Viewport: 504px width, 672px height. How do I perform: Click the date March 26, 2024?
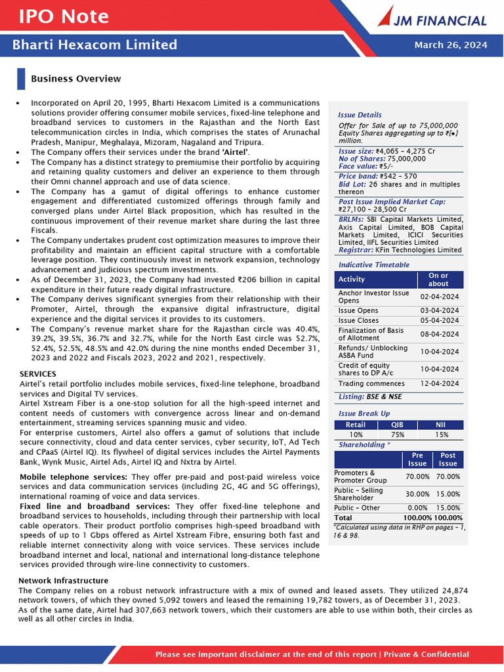[451, 45]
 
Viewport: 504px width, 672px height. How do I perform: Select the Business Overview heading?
[76, 79]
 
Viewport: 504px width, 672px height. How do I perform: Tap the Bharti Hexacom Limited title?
[95, 45]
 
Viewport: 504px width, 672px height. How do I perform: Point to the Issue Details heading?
[360, 115]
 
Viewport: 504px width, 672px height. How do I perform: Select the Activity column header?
[352, 280]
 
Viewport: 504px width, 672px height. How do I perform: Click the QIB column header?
[397, 425]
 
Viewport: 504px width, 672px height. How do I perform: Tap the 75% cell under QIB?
[397, 434]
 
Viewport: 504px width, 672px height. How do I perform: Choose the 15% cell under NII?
[442, 434]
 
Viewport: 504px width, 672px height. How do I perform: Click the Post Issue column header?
[448, 459]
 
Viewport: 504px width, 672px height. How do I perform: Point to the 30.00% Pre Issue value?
[417, 493]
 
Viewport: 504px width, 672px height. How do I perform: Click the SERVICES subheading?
[38, 373]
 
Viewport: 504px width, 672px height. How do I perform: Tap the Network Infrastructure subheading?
[63, 581]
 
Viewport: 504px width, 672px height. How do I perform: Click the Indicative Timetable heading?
[373, 265]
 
